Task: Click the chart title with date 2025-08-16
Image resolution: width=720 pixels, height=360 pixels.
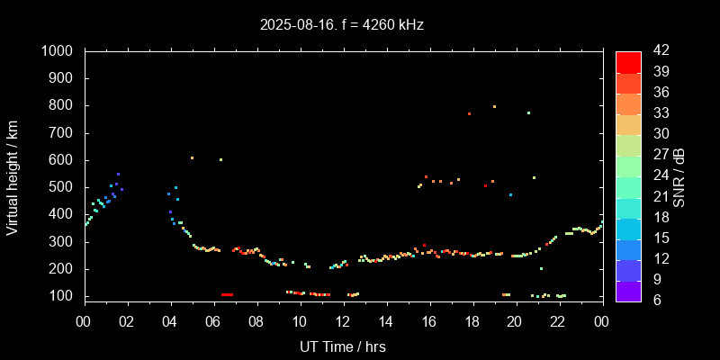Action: [x=341, y=24]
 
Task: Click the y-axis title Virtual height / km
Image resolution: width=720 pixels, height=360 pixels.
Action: [x=13, y=176]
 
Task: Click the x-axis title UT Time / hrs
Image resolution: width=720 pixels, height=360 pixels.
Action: [x=342, y=346]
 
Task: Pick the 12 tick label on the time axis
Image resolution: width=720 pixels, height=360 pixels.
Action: [x=299, y=321]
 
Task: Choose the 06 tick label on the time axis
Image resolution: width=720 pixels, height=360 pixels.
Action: [x=213, y=321]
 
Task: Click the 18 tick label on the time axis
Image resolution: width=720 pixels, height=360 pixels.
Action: [x=472, y=321]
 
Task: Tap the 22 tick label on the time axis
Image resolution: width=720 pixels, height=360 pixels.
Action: [x=558, y=321]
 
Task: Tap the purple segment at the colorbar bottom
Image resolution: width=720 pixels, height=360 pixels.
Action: [x=628, y=290]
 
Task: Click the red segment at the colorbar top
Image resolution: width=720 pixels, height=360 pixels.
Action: [x=628, y=61]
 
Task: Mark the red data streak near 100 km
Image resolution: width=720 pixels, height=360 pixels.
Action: [x=227, y=294]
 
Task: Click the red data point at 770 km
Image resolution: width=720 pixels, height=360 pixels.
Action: [x=469, y=113]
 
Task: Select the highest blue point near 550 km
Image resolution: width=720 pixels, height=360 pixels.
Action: [x=118, y=174]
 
